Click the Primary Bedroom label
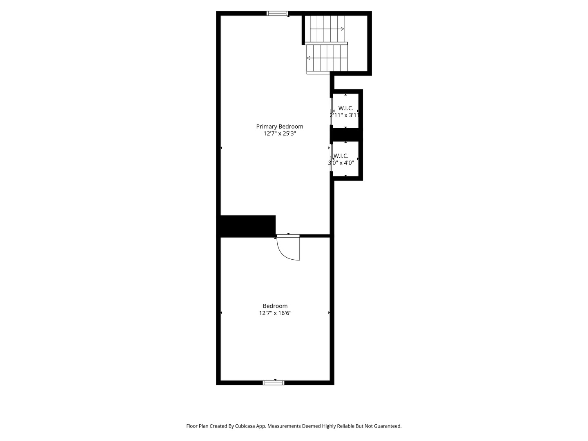(280, 127)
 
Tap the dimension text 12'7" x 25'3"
(280, 134)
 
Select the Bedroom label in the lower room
(275, 306)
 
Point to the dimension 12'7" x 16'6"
(275, 313)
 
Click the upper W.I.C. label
(345, 108)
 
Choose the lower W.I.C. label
(341, 156)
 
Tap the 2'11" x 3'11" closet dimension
(344, 115)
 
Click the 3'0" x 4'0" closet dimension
(341, 163)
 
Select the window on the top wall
(277, 13)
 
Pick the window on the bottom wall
(274, 383)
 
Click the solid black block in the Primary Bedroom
(248, 225)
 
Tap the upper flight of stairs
(327, 29)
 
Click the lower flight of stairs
(327, 58)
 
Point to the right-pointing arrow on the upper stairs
(342, 29)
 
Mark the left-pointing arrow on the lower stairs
(308, 58)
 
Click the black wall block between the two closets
(346, 134)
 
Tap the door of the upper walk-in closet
(331, 111)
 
